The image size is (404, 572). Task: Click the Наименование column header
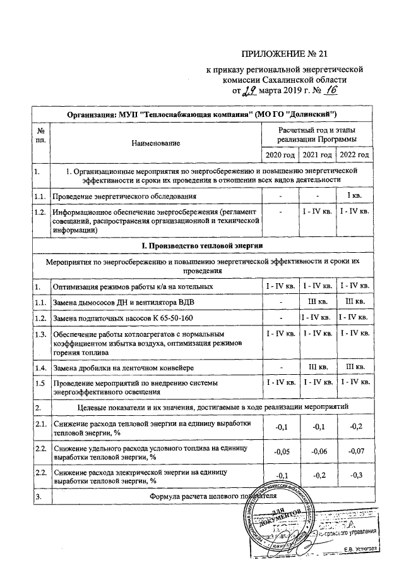[155, 143]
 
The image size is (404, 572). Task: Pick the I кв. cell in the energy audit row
[355, 197]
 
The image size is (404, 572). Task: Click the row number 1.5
[41, 383]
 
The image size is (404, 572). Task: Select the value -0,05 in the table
[279, 452]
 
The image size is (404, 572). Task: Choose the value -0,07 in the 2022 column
[355, 452]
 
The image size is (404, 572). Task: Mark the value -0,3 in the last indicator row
[355, 475]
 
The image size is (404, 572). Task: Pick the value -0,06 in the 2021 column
[317, 452]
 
